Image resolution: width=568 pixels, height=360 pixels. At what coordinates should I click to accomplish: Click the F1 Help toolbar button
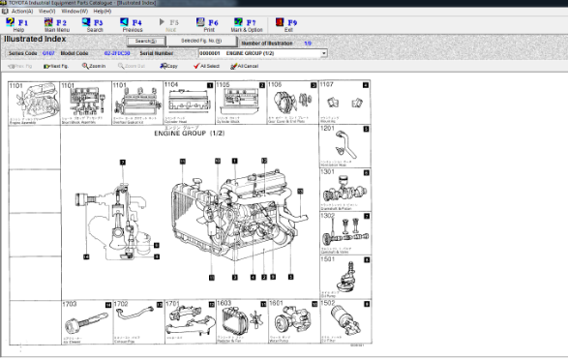coord(18,24)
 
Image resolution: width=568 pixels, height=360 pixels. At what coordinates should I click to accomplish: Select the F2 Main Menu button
coord(55,24)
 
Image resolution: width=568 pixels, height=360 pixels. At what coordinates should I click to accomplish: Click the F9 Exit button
coord(289,24)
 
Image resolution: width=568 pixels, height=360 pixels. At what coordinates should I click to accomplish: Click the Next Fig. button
coord(56,66)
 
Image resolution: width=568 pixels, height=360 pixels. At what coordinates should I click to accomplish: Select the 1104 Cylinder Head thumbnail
coord(185,104)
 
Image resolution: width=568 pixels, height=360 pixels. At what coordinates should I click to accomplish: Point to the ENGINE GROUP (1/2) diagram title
coord(190,135)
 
